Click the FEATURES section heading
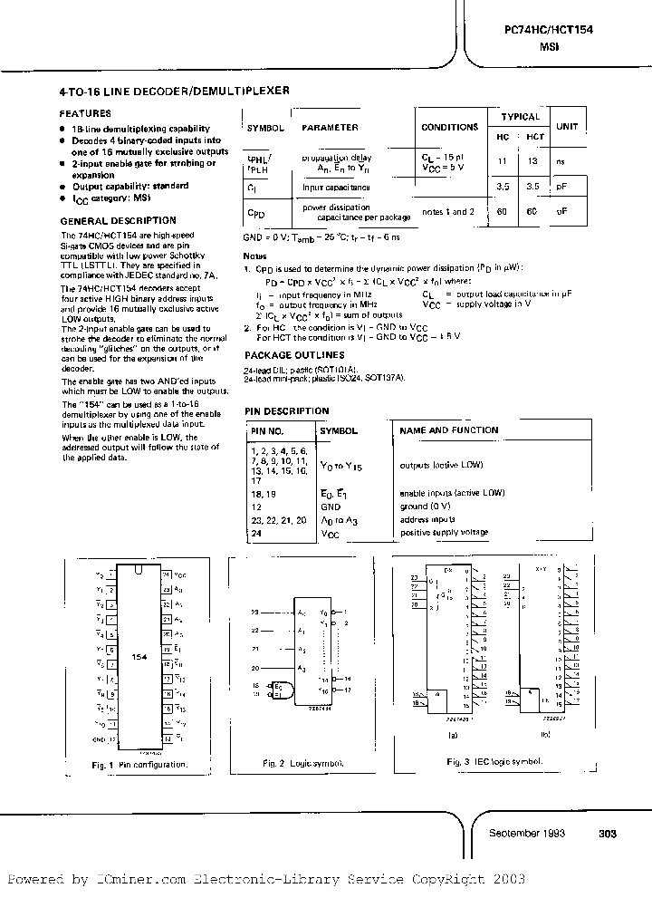pyautogui.click(x=85, y=114)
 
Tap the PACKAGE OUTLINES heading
pyautogui.click(x=294, y=355)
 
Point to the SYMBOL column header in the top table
pyautogui.click(x=265, y=128)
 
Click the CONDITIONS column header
pyautogui.click(x=450, y=128)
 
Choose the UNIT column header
pyautogui.click(x=567, y=127)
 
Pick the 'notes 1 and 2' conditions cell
pyautogui.click(x=448, y=211)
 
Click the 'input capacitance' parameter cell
pyautogui.click(x=336, y=188)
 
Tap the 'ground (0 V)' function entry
pyautogui.click(x=424, y=507)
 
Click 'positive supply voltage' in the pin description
pyautogui.click(x=443, y=532)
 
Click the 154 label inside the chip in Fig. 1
pyautogui.click(x=139, y=656)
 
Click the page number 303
pyautogui.click(x=607, y=833)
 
